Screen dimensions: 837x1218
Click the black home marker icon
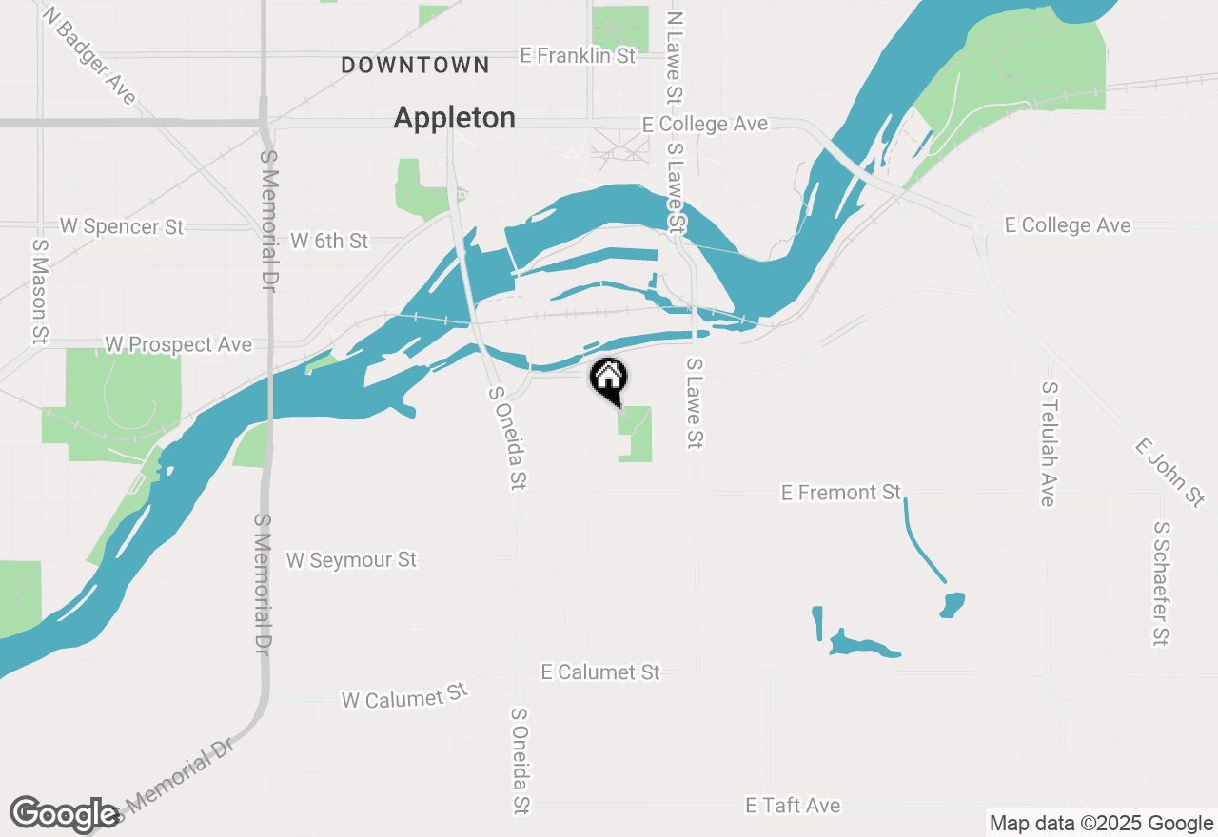tap(609, 380)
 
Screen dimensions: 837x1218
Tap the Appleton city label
tap(455, 118)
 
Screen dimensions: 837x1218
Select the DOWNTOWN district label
tap(415, 66)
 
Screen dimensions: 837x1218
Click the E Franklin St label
tap(578, 56)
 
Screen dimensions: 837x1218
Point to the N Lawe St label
tap(675, 56)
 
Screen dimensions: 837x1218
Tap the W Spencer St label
tap(122, 226)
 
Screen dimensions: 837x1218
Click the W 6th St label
tap(329, 241)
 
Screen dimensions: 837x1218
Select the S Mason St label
tap(40, 291)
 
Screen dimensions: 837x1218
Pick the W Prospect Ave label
tap(178, 344)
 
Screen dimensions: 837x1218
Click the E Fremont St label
tap(840, 493)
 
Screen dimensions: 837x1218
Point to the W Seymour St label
tap(351, 560)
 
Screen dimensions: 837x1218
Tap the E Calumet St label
tap(600, 672)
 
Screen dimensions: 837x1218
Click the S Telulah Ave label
tap(1049, 444)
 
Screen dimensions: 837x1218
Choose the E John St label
tap(1169, 473)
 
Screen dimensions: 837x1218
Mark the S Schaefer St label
tap(1160, 583)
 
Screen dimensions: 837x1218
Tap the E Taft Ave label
tap(793, 806)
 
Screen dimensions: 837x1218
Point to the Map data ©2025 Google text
tap(1101, 824)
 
